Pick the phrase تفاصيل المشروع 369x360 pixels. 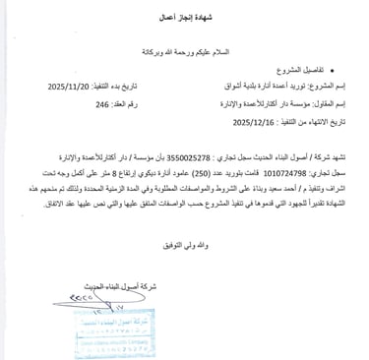(x=306, y=71)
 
